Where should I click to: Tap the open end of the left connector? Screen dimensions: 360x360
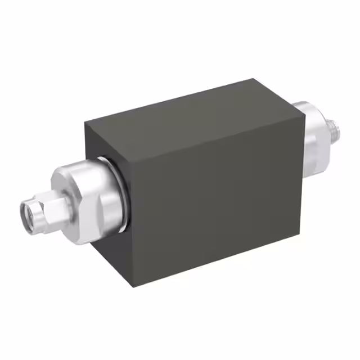click(28, 212)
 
